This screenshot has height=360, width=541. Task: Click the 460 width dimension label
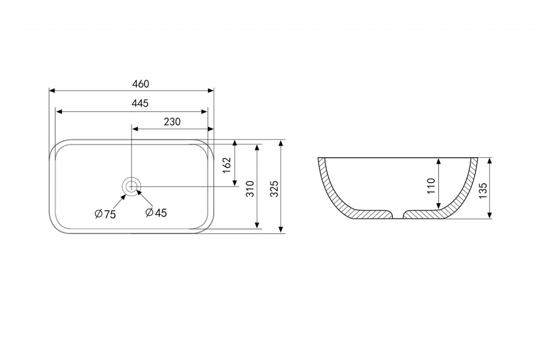(141, 84)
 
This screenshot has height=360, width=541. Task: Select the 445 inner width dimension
(140, 103)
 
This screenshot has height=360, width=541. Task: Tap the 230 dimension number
(172, 122)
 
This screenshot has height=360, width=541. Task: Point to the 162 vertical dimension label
(227, 165)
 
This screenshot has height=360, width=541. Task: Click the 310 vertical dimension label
(250, 189)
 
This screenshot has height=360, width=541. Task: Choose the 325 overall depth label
(274, 189)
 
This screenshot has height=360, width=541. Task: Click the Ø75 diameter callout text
(105, 214)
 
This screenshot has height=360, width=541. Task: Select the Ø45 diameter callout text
(156, 213)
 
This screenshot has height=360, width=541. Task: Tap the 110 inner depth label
(431, 186)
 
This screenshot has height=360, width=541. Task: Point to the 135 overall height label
(483, 190)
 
